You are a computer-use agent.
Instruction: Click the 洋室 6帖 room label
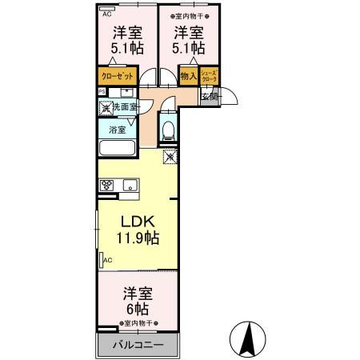pos(137,300)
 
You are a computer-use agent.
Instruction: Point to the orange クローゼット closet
pos(116,77)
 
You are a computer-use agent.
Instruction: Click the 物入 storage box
pos(188,77)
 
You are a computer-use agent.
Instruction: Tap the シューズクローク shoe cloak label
pos(209,77)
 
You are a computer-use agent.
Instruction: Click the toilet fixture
pos(167,127)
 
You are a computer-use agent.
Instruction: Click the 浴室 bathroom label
pos(117,127)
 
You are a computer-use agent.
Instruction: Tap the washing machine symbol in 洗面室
pos(105,107)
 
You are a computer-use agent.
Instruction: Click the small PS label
pos(102,91)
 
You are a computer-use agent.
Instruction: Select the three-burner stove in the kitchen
pos(107,186)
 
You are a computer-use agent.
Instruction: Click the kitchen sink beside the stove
pos(130,186)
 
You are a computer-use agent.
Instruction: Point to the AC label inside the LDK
pos(107,260)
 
